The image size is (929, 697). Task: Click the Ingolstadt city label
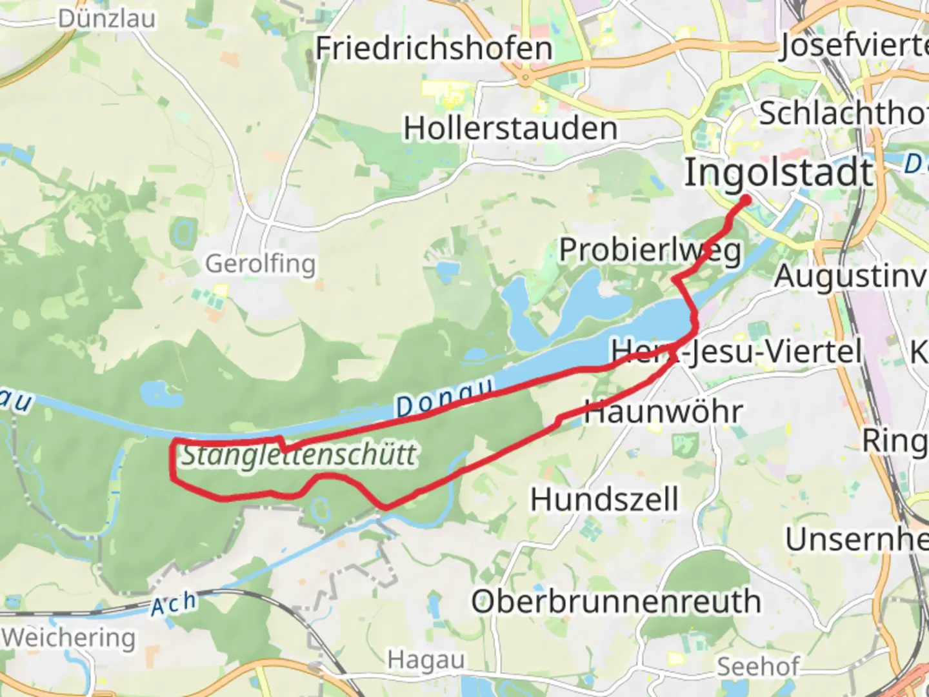778,173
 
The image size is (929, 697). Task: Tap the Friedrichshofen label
434,48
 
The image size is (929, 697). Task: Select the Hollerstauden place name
510,128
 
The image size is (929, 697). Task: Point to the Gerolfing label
260,263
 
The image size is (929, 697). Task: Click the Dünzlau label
106,18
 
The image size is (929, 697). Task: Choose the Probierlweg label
650,250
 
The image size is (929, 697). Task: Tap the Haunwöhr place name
663,412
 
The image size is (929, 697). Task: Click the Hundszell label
604,500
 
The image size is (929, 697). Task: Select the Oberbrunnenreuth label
616,601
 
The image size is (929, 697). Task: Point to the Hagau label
426,660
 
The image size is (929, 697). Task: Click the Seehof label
758,666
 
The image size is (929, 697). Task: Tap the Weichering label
68,638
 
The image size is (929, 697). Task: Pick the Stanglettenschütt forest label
299,455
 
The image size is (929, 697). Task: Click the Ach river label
174,604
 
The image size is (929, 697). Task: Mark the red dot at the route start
745,200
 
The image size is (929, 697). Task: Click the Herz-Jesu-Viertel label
736,352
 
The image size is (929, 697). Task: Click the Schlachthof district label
843,114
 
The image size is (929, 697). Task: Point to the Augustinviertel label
850,276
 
